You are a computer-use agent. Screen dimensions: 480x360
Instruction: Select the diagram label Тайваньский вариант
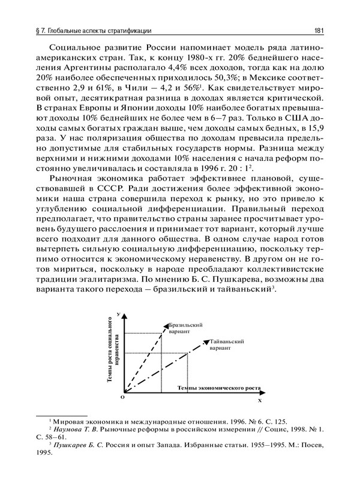(227, 344)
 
